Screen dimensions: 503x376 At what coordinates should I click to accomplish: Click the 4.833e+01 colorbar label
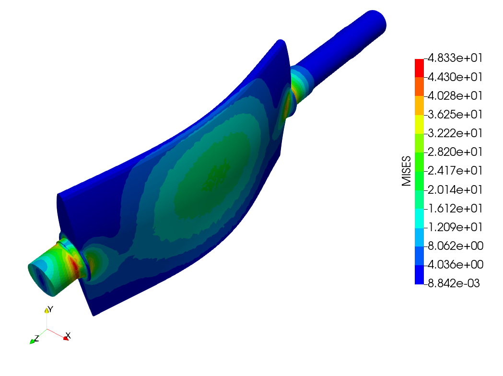point(455,58)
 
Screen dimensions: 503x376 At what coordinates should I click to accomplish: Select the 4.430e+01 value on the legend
point(455,77)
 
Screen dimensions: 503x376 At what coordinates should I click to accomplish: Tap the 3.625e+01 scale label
point(455,115)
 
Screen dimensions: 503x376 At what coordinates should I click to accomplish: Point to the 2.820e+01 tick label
point(455,152)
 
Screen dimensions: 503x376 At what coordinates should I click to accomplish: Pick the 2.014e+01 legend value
point(455,189)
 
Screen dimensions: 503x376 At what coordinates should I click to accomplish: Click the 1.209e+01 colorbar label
point(455,227)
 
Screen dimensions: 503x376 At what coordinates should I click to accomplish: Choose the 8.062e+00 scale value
point(456,246)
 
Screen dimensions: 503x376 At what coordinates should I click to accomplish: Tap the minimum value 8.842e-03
point(454,283)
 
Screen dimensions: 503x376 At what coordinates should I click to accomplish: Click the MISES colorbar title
point(407,171)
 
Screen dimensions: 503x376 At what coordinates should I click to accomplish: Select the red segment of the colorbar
point(419,68)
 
